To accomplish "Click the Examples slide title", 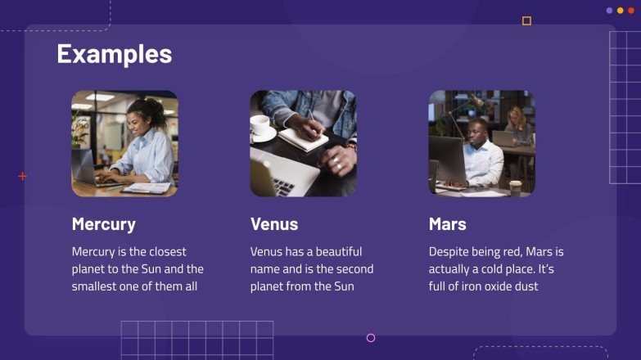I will point(114,54).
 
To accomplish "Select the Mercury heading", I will point(104,224).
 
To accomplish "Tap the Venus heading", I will point(274,224).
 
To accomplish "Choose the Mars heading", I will point(448,224).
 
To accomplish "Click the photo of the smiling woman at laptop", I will point(124,143).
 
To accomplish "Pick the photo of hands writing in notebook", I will point(303,143).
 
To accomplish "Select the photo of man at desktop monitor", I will point(481,143).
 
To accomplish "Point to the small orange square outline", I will point(526,21).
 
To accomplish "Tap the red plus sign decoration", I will point(22,176).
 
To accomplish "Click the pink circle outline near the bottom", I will point(371,338).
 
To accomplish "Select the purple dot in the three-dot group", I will point(609,11).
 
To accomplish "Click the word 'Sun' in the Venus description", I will point(344,287).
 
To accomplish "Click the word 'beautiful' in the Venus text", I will point(336,252).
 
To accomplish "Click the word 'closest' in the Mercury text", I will point(167,252).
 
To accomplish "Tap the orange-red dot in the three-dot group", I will point(631,11).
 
